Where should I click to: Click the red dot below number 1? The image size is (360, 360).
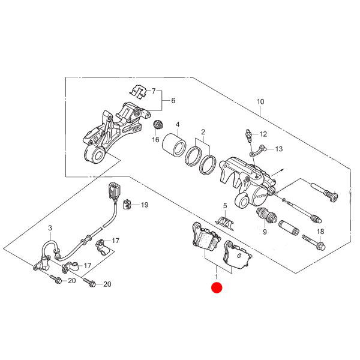tap(217, 287)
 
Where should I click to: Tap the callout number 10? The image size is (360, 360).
tap(260, 101)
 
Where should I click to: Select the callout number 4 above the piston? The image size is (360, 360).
tap(178, 125)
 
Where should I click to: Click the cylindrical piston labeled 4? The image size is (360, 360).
tap(174, 145)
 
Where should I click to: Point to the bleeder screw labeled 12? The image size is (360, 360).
tap(248, 136)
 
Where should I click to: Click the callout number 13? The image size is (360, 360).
tap(279, 149)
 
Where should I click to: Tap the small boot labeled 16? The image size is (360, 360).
tap(158, 125)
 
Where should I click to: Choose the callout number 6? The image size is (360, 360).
tap(173, 100)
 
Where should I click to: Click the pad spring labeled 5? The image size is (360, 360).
tap(224, 223)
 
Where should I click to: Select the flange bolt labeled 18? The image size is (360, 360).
tap(314, 242)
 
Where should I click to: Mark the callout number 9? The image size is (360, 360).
tap(265, 232)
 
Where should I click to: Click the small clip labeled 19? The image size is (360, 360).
tap(127, 205)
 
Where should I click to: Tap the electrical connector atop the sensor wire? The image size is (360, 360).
tap(113, 190)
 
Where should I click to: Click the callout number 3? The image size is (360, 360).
tap(50, 228)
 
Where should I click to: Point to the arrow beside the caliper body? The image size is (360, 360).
tap(278, 173)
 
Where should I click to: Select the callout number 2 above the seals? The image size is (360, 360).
tap(203, 132)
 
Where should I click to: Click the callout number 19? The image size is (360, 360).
tap(145, 205)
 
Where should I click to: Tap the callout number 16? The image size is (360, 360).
tap(155, 139)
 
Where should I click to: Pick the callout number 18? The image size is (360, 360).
tap(320, 232)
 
